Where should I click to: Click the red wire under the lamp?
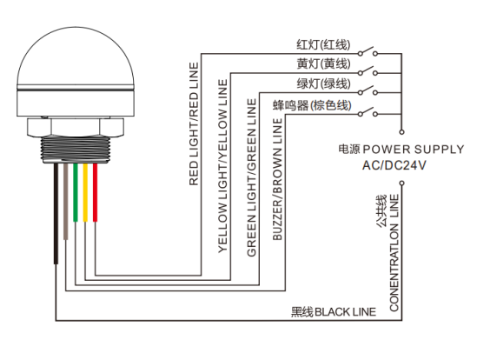point(95,192)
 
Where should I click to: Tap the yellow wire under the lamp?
point(85,192)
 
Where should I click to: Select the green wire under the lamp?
point(76,192)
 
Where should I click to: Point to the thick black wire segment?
point(56,214)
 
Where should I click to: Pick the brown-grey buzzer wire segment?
point(66,202)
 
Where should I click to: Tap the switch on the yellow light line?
point(368,71)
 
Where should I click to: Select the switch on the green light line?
point(368,90)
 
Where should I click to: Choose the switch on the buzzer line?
point(368,112)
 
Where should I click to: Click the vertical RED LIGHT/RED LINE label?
point(194,124)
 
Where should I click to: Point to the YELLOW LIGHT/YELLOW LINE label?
point(222,166)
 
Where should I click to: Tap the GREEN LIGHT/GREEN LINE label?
point(252,177)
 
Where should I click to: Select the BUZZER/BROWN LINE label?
point(277,179)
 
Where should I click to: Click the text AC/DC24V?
point(394,165)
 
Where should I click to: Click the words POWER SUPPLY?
point(413,150)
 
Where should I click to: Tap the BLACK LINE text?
point(345,312)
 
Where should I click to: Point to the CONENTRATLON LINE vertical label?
point(394,253)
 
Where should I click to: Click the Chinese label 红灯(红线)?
point(323,44)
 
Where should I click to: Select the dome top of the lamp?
point(76,58)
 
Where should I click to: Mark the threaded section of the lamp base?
point(75,149)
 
